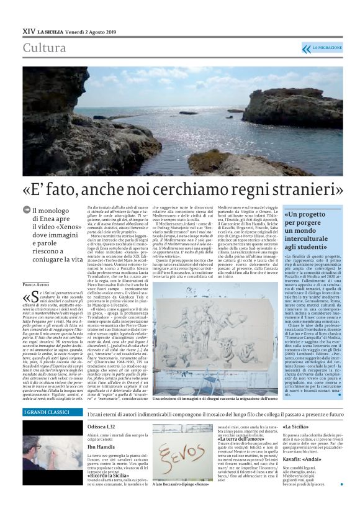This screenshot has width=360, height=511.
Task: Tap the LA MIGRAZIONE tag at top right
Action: coord(326,48)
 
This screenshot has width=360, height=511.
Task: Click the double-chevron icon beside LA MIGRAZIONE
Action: coord(305,48)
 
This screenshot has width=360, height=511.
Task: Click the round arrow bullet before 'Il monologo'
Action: coord(27,211)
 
